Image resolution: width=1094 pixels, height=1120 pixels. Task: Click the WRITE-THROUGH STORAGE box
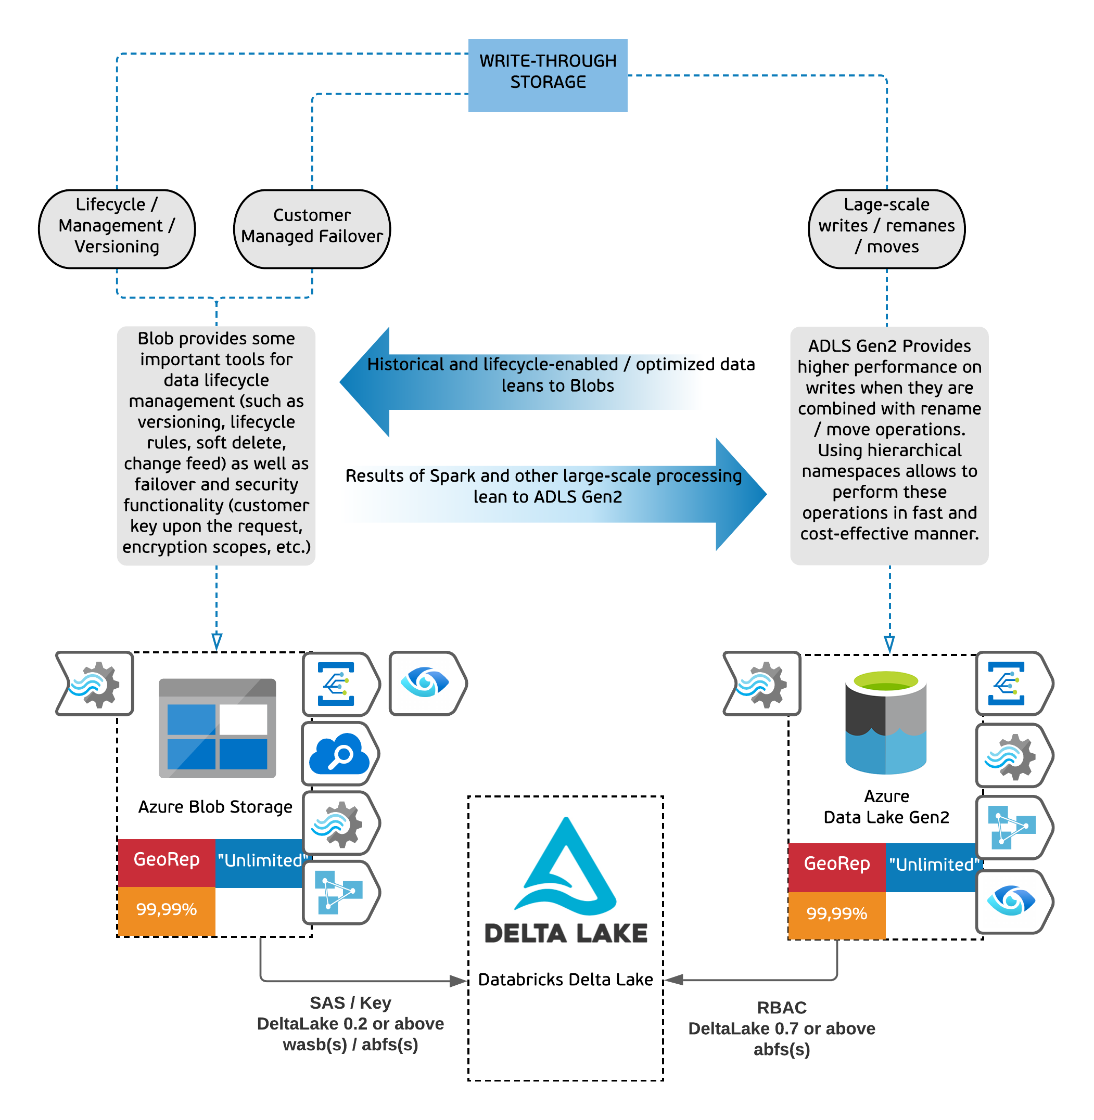[547, 75]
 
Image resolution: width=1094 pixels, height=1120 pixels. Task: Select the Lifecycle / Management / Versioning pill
[117, 228]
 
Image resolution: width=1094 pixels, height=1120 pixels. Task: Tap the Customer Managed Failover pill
[311, 228]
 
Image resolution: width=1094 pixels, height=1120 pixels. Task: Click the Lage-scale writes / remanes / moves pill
[886, 228]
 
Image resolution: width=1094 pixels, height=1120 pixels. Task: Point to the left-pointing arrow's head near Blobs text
[362, 381]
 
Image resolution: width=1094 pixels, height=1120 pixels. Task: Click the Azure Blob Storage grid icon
[217, 728]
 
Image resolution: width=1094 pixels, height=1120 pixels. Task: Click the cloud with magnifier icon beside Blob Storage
[339, 754]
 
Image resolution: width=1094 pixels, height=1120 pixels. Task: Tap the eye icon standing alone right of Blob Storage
[426, 683]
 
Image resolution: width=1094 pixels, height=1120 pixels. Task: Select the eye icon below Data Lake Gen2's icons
[1011, 900]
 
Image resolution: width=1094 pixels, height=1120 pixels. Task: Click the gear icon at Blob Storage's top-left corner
[95, 684]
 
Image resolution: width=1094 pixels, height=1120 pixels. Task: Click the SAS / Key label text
[350, 1002]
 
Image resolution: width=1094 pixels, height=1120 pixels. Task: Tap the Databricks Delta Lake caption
[565, 979]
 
